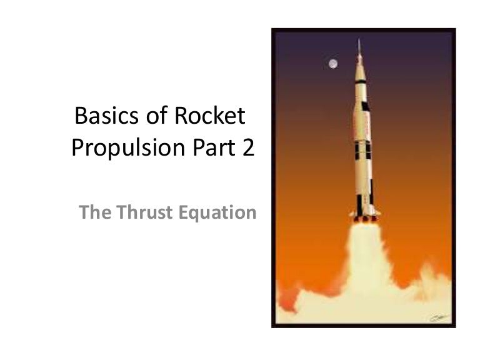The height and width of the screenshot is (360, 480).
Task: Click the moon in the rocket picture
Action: tap(332, 63)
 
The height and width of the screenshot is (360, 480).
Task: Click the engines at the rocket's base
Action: tap(362, 219)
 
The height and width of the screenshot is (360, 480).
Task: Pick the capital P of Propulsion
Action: tap(79, 148)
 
